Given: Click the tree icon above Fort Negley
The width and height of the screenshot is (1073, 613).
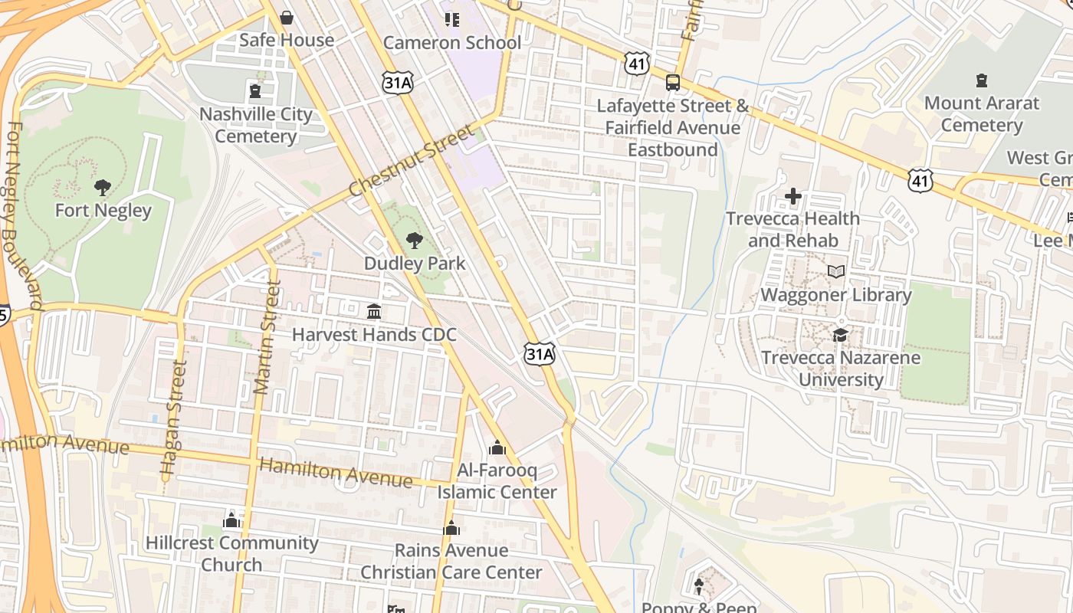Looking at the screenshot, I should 102,187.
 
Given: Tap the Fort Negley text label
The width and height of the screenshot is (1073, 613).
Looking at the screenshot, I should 103,210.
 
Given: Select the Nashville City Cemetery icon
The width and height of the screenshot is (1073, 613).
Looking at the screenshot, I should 255,92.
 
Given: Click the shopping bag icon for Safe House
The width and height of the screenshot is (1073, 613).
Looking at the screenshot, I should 287,18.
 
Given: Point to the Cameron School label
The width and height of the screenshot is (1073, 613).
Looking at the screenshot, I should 451,43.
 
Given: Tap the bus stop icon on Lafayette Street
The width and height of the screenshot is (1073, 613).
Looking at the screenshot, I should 672,83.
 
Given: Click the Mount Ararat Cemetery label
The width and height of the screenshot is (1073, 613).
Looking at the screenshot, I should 982,114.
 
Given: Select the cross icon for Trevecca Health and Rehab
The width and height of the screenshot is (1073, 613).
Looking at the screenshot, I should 793,197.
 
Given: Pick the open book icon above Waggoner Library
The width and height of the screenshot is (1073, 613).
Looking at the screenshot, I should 836,272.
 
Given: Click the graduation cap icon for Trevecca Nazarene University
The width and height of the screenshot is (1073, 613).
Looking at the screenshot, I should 841,336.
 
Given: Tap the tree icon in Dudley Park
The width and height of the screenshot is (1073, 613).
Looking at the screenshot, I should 414,241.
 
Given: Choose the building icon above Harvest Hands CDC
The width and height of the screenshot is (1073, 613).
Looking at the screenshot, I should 374,312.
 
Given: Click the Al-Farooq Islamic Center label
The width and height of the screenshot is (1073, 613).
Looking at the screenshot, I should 497,480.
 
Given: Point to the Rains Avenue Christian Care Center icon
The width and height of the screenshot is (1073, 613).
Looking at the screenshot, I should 451,528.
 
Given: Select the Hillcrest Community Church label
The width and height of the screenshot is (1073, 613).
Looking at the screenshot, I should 232,553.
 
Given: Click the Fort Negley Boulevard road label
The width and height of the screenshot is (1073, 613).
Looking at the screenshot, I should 23,215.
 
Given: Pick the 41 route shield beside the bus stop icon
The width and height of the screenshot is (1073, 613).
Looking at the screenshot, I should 637,64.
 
